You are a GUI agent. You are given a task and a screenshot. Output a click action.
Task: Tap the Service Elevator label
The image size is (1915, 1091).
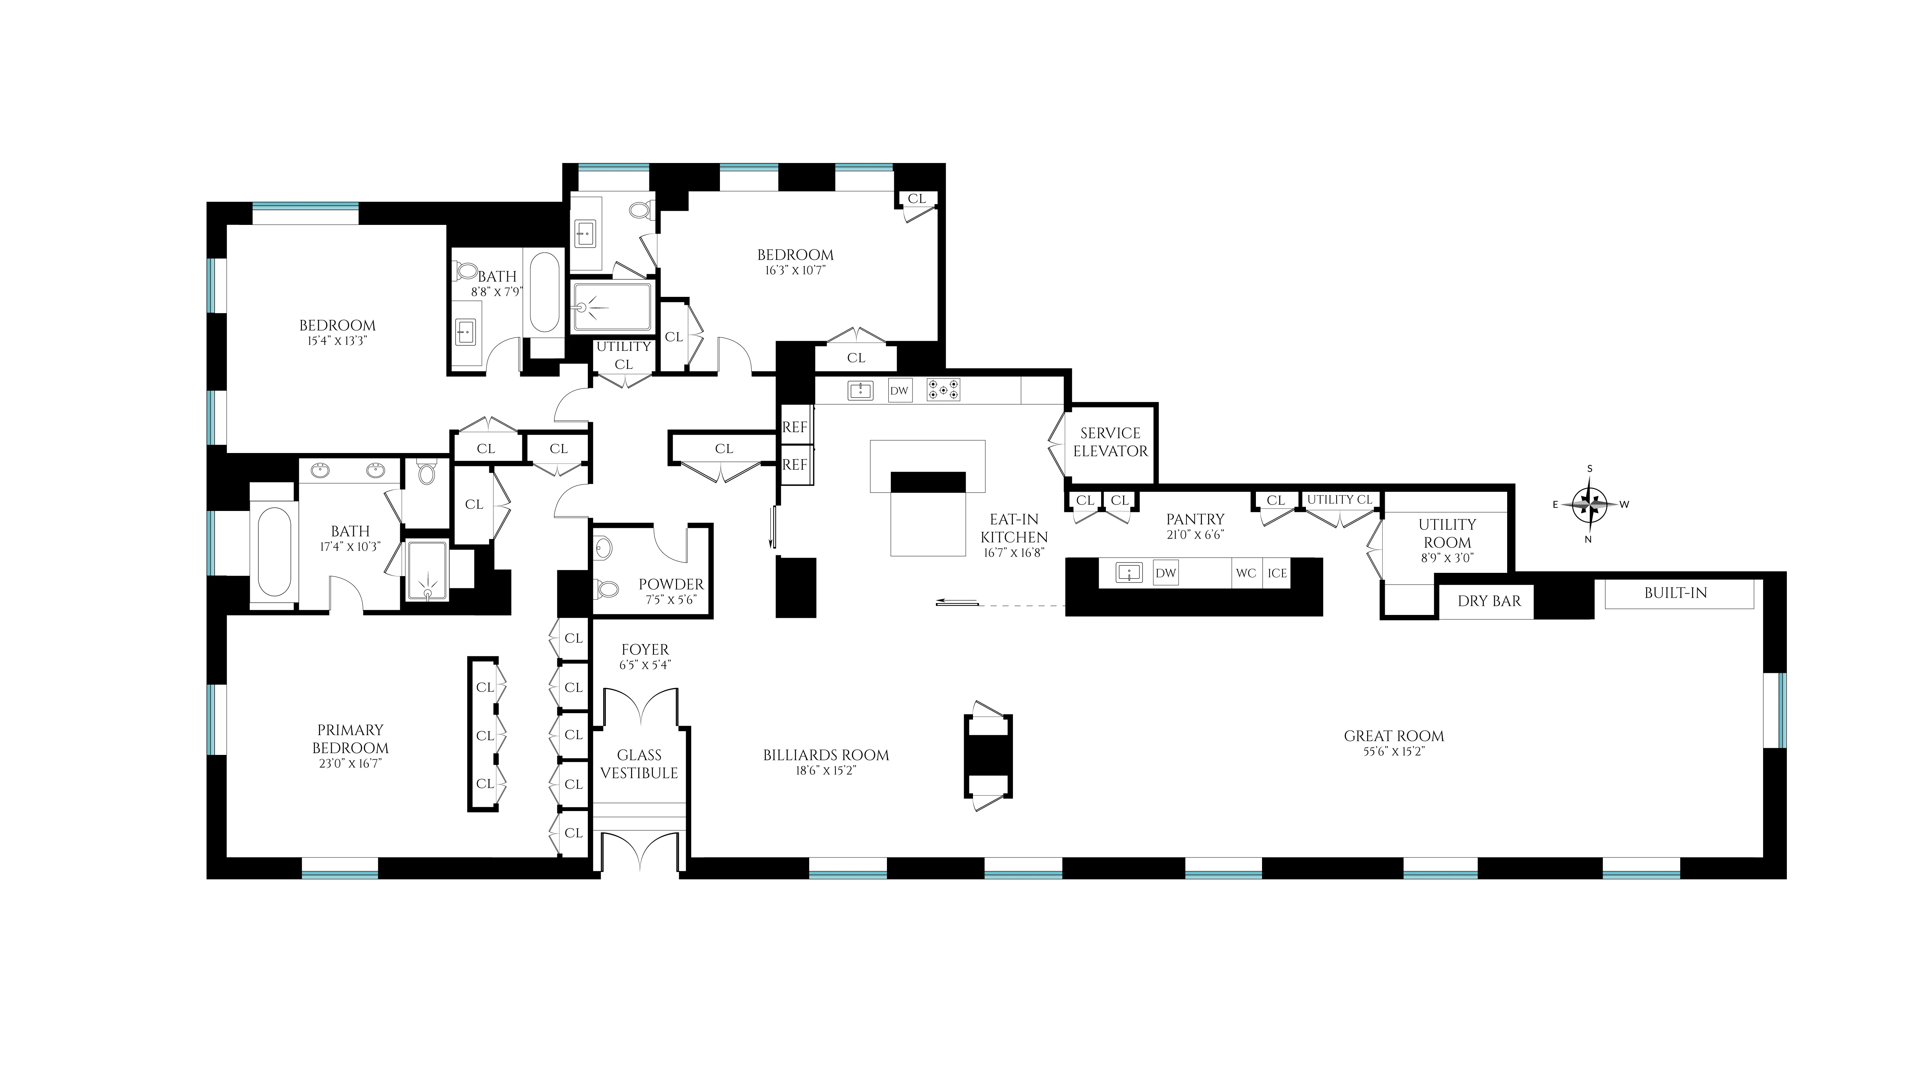[1110, 442]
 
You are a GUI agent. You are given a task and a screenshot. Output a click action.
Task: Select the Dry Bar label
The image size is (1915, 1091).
[1488, 601]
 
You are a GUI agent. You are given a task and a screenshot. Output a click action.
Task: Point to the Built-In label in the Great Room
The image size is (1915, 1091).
[1675, 593]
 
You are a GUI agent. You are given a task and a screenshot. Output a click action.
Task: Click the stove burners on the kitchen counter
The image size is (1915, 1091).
[943, 390]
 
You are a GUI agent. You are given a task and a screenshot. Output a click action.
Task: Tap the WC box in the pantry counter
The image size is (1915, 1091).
[1246, 573]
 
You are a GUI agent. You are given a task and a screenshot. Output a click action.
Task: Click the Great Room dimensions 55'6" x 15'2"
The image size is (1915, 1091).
[1393, 752]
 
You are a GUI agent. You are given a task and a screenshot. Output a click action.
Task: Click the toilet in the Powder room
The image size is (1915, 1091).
[605, 589]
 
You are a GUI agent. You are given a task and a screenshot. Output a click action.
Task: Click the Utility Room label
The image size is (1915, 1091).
[1447, 534]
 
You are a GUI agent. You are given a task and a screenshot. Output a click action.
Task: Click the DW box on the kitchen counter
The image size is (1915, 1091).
[900, 390]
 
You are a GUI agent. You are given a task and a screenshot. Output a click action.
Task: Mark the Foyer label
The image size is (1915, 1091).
[645, 649]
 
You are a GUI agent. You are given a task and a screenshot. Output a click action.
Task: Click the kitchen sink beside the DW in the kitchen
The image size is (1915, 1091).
[860, 390]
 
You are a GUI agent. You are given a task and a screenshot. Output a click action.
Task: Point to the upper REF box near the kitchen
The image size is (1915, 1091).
[794, 427]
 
